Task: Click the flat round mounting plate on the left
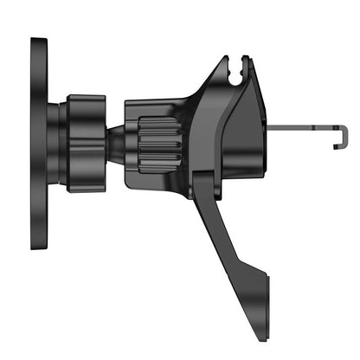click(x=39, y=143)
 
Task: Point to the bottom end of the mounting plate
click(x=39, y=245)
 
